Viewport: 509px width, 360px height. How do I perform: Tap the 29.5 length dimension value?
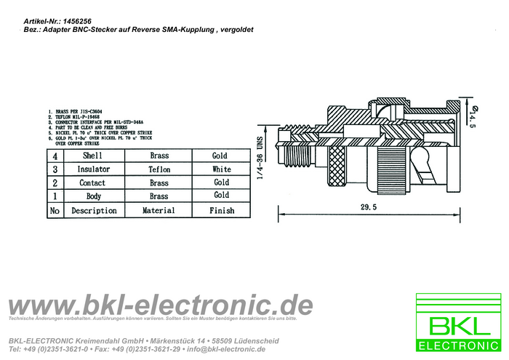point(369,207)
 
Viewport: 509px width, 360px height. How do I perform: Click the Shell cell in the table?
point(93,156)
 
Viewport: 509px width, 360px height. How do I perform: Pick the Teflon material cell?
point(159,169)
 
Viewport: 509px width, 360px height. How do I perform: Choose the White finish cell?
point(221,169)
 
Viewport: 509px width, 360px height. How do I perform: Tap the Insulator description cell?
point(93,169)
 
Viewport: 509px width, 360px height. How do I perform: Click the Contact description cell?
point(93,183)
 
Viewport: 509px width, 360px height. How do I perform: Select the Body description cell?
point(93,196)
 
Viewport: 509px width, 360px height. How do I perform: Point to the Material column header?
point(159,210)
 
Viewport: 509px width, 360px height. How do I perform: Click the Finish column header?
point(221,210)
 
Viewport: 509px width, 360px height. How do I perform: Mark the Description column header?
point(93,210)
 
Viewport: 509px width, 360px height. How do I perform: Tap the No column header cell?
point(54,210)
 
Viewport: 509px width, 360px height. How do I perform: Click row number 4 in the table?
point(54,156)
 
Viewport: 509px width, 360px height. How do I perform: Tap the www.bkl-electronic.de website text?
point(159,305)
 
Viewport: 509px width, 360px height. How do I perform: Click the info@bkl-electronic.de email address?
point(225,349)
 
